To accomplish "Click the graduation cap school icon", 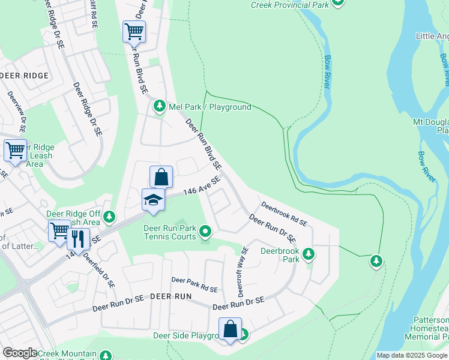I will [x=153, y=199].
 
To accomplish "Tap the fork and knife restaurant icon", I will [x=78, y=239].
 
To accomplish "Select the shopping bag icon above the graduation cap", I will [x=161, y=177].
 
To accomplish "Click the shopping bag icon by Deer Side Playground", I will [x=230, y=329].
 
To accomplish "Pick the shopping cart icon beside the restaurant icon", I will [x=59, y=230].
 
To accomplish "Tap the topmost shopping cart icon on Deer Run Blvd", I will [x=134, y=31].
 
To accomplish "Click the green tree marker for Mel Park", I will [x=159, y=106].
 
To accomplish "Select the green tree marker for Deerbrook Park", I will [x=309, y=254].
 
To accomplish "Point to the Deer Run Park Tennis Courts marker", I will [x=205, y=231].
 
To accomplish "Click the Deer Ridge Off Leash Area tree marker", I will [x=109, y=216].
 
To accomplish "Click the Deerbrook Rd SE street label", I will [x=284, y=214].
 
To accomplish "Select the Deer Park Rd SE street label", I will [x=194, y=284].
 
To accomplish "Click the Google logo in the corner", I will [x=20, y=353].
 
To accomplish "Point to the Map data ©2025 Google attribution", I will [x=412, y=355].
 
